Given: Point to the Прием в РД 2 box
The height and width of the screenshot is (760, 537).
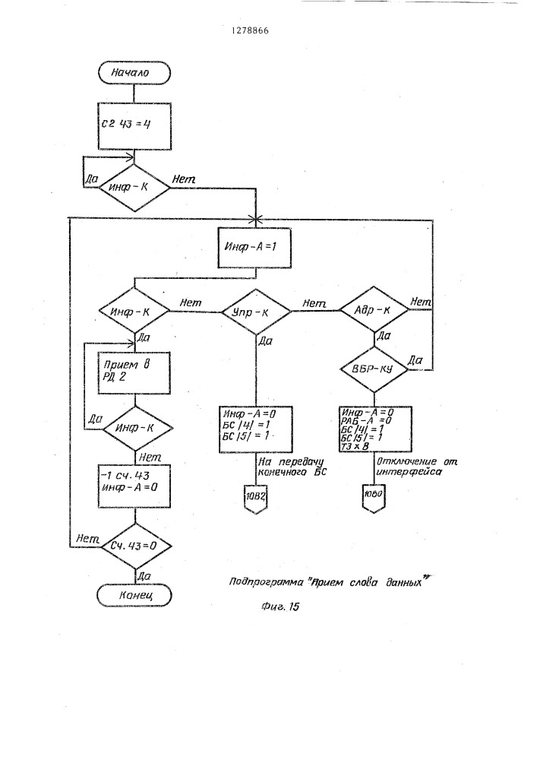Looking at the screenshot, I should (134, 372).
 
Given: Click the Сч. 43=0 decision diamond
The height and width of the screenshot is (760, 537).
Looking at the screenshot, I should (134, 546).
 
